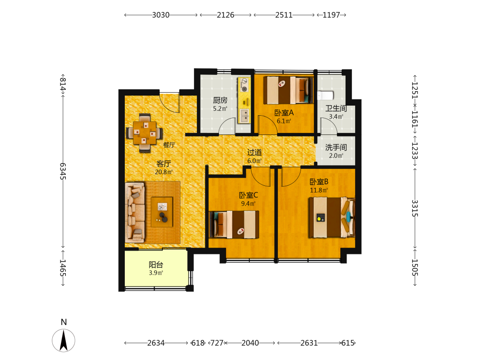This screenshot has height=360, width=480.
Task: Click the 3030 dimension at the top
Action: (161, 15)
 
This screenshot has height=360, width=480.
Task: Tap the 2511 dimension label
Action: (284, 15)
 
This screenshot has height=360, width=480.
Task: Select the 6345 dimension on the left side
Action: (63, 171)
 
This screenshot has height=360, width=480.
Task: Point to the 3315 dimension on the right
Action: (415, 208)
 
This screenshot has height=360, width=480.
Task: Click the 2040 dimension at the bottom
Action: (250, 343)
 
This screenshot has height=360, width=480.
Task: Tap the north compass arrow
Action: (63, 340)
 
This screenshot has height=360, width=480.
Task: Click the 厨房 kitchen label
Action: (220, 100)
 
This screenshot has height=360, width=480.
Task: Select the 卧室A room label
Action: (284, 113)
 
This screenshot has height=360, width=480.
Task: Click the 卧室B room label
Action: (319, 182)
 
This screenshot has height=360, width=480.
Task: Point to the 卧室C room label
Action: (248, 195)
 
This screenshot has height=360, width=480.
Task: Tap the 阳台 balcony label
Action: (156, 264)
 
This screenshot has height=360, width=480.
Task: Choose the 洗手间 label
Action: (336, 147)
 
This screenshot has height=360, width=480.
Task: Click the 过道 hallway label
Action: (254, 152)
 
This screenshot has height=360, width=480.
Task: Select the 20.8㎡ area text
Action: (164, 172)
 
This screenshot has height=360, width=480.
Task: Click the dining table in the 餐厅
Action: (144, 133)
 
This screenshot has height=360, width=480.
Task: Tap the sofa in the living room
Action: (135, 212)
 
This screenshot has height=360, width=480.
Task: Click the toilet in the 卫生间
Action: (325, 95)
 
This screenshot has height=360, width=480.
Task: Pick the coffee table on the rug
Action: (162, 212)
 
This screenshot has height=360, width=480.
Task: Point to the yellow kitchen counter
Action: (244, 100)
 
